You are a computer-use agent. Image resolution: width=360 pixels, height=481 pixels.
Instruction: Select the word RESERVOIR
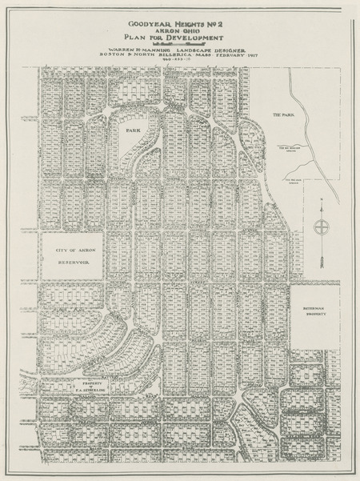70,262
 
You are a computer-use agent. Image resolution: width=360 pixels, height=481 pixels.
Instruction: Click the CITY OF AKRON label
70,251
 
